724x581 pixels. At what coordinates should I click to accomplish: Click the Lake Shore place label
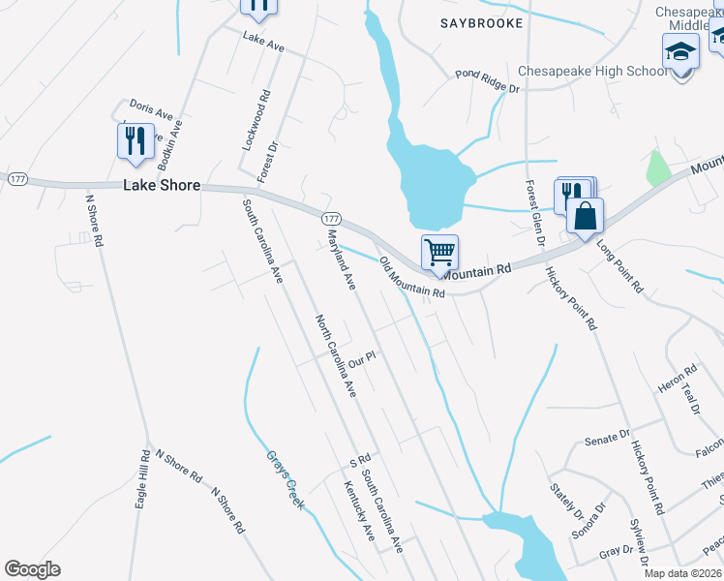(162, 185)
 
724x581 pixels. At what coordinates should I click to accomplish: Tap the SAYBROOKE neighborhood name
(481, 22)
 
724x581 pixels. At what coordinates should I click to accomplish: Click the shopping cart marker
(439, 253)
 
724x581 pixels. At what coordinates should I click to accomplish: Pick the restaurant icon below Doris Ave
(136, 141)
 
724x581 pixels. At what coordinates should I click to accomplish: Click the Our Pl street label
(361, 359)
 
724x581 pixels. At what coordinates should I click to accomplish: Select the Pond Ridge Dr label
(488, 81)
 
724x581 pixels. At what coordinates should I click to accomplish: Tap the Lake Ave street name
(263, 43)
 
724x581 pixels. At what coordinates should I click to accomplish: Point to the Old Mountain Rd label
(411, 278)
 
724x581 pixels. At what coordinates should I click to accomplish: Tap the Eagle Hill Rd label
(141, 479)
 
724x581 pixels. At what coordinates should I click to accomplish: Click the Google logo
(32, 569)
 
